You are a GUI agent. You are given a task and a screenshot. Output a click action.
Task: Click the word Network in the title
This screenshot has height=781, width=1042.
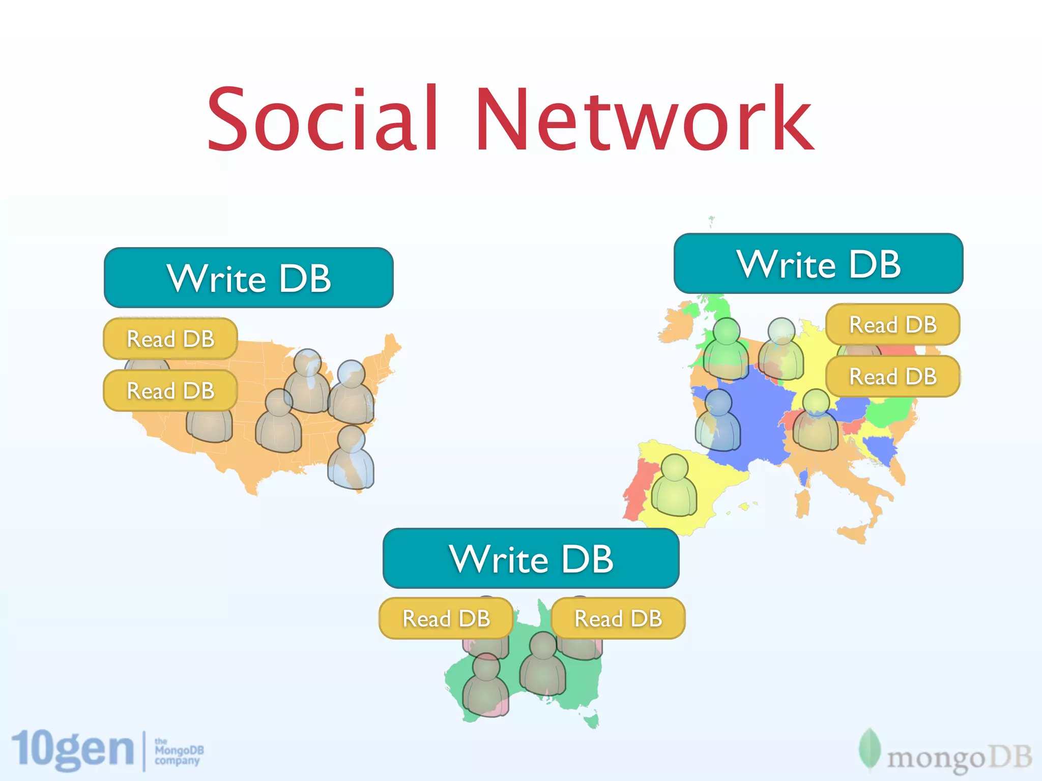644,119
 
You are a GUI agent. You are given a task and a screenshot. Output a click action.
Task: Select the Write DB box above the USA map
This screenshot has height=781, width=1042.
248,278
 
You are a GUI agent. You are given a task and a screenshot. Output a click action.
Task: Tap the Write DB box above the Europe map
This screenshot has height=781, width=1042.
818,263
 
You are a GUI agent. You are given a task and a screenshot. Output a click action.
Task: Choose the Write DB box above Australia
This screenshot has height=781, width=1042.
531,558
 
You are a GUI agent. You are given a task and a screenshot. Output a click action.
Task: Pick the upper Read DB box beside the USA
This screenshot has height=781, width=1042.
170,339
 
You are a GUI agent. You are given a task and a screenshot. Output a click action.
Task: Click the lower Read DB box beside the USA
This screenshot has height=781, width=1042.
170,390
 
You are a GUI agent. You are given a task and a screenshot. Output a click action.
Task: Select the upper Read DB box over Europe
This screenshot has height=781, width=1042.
893,324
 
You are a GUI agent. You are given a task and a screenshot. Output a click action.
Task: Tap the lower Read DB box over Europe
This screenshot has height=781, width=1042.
893,376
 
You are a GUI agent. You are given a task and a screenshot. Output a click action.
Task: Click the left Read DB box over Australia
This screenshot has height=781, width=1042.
446,618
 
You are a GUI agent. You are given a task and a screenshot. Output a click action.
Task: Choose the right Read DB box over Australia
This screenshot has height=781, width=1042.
618,618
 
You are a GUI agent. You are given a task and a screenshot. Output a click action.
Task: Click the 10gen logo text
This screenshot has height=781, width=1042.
72,749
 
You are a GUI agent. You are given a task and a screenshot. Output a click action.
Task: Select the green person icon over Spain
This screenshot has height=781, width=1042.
674,486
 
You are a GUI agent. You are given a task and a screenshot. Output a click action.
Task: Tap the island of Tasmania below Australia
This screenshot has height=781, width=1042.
592,721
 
